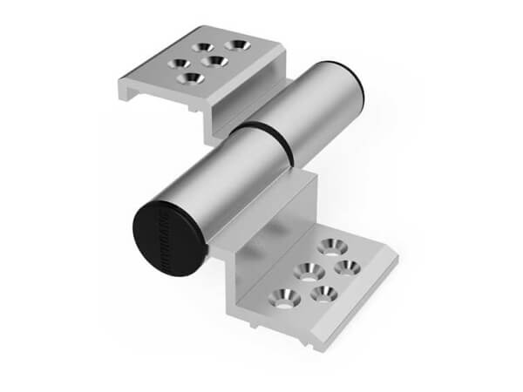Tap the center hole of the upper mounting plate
click(211, 61)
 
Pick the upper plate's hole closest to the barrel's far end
click(235, 43)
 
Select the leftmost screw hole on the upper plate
click(180, 64)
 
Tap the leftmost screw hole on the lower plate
click(286, 297)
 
